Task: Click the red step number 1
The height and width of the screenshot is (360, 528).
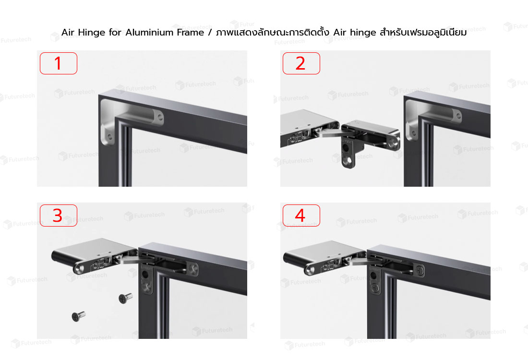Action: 58,63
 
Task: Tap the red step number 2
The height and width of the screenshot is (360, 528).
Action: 300,63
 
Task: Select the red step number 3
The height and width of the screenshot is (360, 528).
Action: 58,216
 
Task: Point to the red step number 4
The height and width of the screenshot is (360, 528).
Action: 300,216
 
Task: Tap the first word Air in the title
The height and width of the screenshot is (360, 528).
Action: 68,33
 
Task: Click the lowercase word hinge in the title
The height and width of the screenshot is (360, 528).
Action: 363,33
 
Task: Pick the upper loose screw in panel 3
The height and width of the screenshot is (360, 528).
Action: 126,298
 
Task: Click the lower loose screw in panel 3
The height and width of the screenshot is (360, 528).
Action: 78,316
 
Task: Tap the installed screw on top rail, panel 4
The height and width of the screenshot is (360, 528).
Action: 420,270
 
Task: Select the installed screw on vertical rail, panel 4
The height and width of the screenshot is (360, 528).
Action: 375,288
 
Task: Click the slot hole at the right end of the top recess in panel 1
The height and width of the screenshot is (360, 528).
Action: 160,117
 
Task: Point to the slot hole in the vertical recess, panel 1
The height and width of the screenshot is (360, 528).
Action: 109,137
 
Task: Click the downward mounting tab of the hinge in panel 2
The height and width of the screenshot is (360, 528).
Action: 348,153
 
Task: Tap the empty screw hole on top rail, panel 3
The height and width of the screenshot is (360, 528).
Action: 193,268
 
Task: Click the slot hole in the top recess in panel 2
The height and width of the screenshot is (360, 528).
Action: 457,116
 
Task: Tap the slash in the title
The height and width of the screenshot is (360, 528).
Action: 210,33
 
